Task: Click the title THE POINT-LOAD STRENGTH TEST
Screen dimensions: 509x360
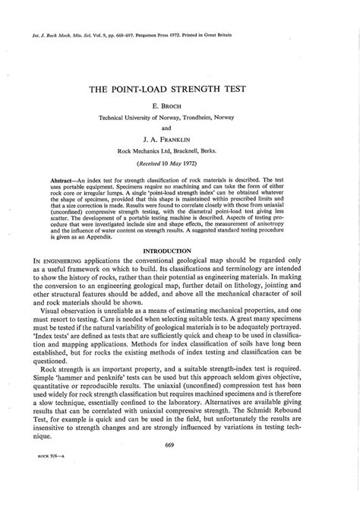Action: [180, 89]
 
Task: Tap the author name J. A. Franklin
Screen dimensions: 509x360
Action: [180, 140]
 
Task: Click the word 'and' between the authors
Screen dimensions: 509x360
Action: [180, 128]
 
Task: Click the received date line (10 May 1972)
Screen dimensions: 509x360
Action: [180, 163]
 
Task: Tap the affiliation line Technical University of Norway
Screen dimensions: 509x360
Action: [180, 118]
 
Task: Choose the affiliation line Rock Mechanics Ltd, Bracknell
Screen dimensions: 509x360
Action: [180, 151]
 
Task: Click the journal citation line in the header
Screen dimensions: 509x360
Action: [137, 34]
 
